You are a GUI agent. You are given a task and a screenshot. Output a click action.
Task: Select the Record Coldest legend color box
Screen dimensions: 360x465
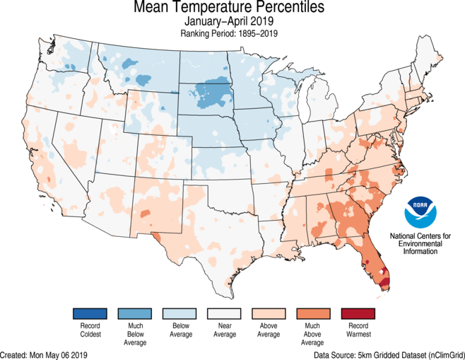pos(89,313)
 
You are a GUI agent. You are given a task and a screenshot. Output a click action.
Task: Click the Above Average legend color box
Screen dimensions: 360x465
pos(269,313)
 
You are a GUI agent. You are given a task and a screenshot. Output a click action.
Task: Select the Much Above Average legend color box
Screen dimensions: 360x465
pos(313,313)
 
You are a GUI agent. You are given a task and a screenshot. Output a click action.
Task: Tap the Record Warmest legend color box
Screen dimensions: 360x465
pos(358,313)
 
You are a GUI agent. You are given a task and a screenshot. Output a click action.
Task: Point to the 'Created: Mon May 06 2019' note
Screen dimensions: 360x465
pos(45,354)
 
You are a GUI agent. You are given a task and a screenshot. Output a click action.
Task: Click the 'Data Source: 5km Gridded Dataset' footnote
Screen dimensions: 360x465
pos(389,354)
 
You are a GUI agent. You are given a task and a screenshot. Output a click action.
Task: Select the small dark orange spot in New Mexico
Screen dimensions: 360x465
pos(145,213)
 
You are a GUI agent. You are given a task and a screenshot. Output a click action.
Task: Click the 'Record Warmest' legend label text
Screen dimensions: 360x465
pos(358,330)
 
